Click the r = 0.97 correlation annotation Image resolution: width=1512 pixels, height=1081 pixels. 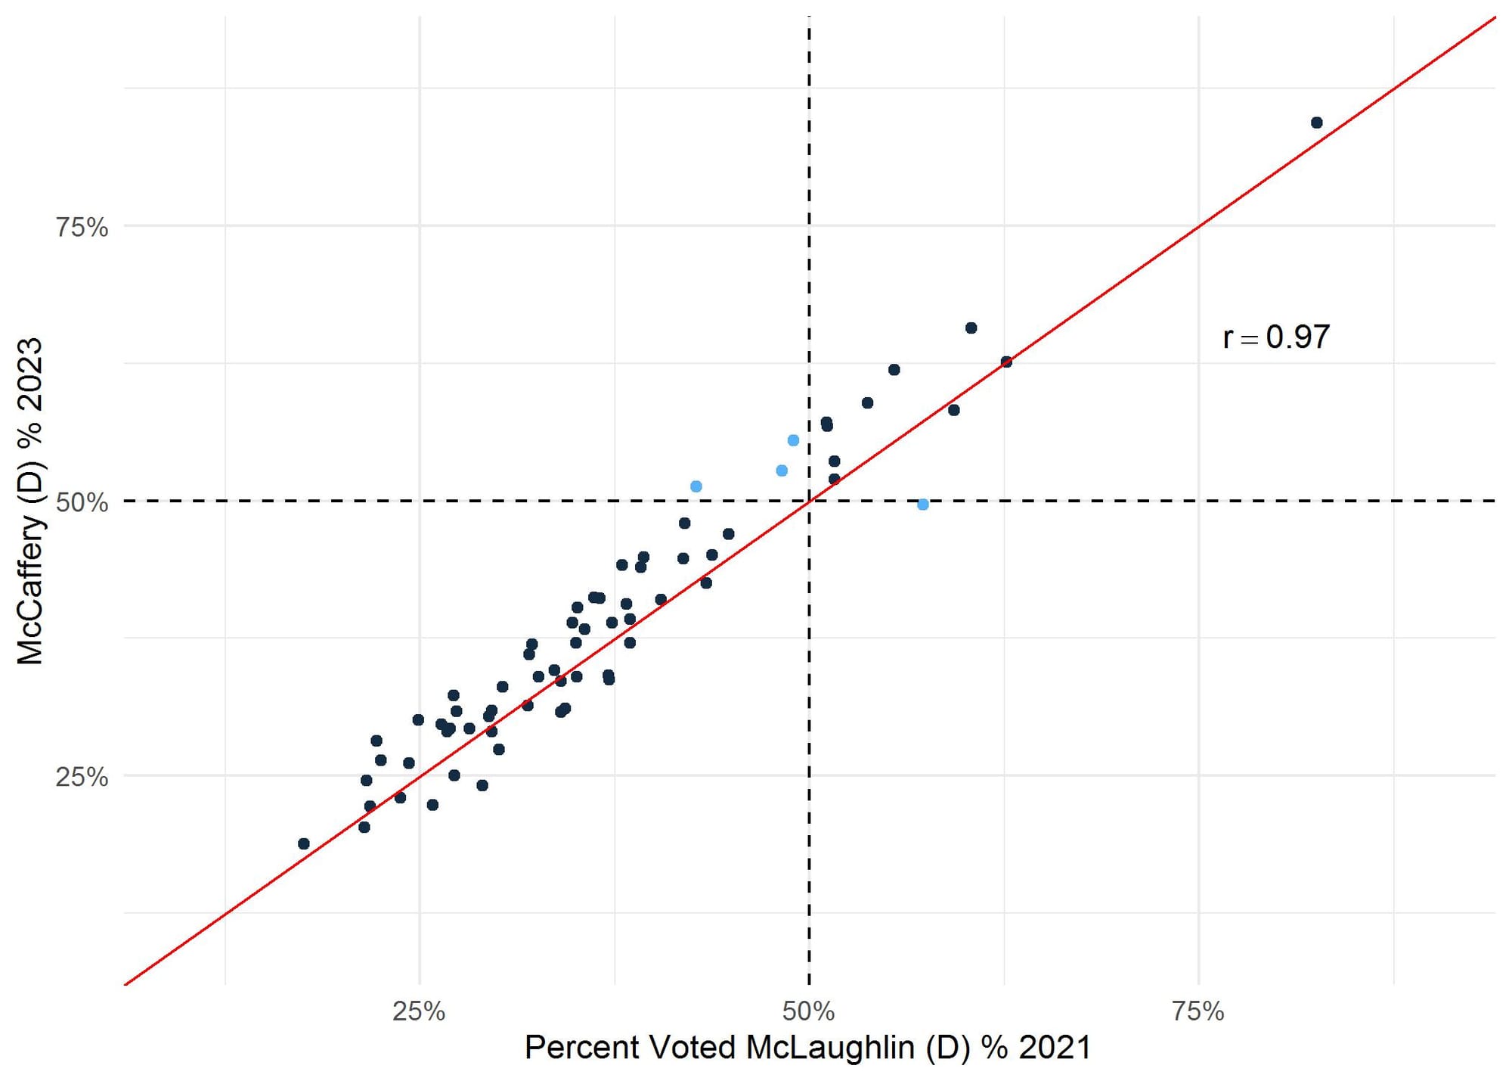(1276, 337)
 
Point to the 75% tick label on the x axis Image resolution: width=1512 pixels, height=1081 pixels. (1198, 1011)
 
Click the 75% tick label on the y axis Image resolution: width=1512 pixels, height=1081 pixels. (82, 226)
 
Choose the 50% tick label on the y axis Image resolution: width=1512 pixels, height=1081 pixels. (82, 502)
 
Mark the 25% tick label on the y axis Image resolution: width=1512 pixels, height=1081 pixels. (82, 777)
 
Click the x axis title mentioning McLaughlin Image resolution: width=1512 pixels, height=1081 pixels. (807, 1048)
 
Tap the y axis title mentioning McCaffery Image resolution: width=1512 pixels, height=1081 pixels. (30, 501)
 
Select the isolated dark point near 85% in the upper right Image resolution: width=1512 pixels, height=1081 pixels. (1317, 123)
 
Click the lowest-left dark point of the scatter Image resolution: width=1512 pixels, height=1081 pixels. (304, 843)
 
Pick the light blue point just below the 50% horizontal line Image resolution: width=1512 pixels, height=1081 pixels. (923, 505)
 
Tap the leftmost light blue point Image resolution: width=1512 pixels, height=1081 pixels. (696, 486)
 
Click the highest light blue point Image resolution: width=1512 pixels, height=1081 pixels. (793, 440)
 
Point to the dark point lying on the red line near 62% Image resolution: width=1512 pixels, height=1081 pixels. (1006, 362)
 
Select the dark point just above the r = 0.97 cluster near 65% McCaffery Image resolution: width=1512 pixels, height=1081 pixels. (971, 328)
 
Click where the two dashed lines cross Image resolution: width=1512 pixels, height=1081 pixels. (809, 501)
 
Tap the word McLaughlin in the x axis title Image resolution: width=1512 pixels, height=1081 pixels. (829, 1048)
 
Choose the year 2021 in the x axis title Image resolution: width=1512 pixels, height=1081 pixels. (1055, 1048)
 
